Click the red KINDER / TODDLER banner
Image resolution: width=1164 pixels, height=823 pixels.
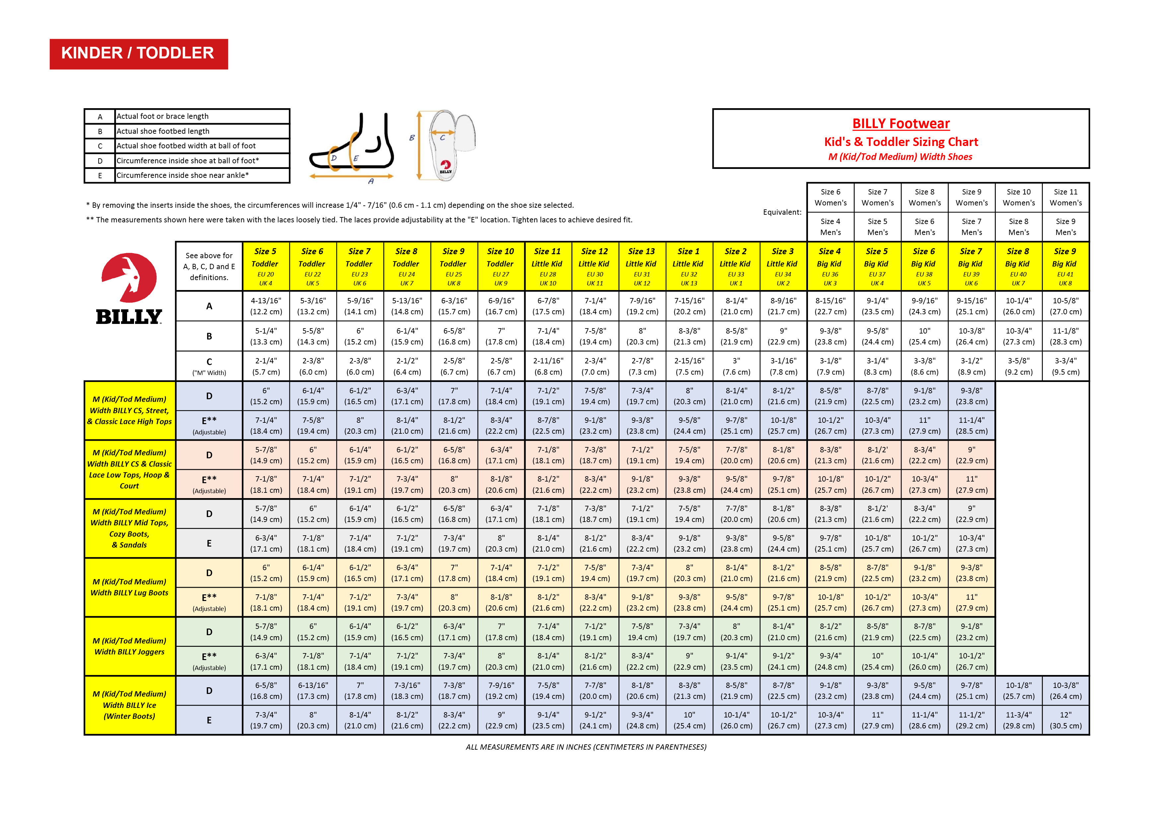coord(138,54)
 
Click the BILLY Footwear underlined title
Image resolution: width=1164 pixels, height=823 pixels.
coord(901,124)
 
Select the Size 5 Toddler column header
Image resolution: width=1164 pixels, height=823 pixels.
coord(265,266)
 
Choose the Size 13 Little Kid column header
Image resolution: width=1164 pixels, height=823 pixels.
coord(641,266)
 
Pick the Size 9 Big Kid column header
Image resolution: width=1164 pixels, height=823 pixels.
coord(1065,266)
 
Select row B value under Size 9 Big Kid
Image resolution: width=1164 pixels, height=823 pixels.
coord(1065,336)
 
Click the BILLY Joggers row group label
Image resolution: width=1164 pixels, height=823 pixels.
coord(129,646)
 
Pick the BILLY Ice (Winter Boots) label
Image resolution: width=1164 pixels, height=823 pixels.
coord(129,705)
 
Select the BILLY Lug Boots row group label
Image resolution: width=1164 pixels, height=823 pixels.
coord(129,587)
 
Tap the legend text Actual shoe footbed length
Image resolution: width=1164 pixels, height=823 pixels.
coord(163,131)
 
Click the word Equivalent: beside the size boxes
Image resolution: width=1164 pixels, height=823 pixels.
coord(782,212)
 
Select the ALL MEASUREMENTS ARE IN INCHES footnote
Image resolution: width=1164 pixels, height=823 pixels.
coord(586,747)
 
